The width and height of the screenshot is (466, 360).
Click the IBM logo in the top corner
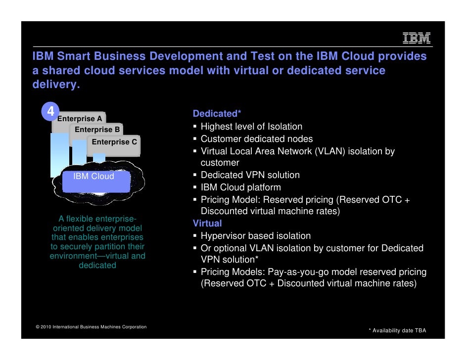417,39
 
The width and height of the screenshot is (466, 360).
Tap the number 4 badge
50,113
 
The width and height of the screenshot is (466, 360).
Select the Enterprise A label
80,119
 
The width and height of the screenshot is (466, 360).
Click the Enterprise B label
97,130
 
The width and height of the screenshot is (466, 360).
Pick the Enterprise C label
114,142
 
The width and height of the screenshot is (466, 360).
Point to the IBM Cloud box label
94,177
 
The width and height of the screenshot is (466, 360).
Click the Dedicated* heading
217,114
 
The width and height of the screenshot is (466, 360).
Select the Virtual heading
207,224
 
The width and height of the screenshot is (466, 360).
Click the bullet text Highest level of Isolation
251,127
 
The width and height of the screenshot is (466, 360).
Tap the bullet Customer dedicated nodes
256,139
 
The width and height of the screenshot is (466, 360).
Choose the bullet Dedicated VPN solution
250,175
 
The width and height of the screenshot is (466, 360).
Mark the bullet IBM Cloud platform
240,187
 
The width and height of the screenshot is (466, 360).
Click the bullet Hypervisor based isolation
255,236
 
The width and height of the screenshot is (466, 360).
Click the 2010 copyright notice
91,327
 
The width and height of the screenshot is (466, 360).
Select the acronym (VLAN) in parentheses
329,151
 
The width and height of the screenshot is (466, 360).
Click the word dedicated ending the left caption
97,265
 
